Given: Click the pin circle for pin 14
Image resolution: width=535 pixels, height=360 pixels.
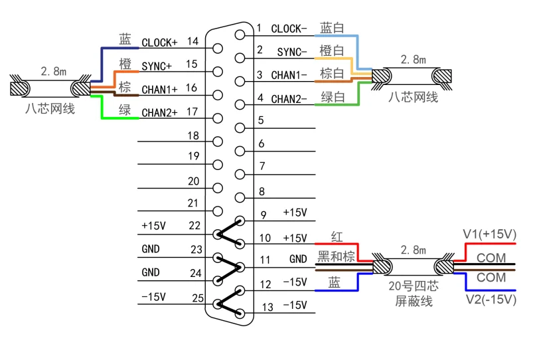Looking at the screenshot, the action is (x=218, y=48).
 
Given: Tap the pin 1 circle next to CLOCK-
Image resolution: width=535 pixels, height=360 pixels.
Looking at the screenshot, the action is (x=240, y=35).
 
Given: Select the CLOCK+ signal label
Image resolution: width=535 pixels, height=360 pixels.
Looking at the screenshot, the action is (x=159, y=43).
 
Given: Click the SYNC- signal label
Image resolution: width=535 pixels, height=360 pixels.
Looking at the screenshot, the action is (x=291, y=52).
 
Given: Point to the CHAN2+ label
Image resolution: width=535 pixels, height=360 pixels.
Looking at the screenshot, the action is (x=159, y=113).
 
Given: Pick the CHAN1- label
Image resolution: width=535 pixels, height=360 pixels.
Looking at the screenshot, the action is (x=289, y=75).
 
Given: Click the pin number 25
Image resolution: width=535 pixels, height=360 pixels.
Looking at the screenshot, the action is (x=198, y=298).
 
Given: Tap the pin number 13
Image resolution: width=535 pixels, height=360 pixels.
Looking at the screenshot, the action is (x=267, y=308).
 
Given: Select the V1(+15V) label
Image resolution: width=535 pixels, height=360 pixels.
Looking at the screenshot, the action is (x=489, y=234).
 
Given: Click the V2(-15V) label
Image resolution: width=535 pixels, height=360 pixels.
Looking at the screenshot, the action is (x=491, y=300).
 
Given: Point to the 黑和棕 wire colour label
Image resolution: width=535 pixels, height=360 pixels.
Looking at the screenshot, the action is (x=336, y=256).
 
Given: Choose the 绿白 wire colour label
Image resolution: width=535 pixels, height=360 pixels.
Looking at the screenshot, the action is (x=333, y=97).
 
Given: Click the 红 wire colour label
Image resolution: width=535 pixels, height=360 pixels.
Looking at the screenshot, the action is (x=337, y=236).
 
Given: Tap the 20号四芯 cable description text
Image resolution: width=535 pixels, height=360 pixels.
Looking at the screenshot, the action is (x=413, y=286).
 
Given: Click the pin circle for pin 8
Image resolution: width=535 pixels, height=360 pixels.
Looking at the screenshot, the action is (x=240, y=197).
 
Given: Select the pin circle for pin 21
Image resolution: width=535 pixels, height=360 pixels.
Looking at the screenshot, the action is (x=218, y=211).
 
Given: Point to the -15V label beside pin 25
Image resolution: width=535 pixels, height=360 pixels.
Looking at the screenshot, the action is (x=153, y=297).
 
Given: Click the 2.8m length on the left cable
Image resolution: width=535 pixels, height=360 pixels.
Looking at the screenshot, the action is (x=54, y=71).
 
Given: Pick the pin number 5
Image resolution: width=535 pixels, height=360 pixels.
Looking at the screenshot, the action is (x=261, y=120).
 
